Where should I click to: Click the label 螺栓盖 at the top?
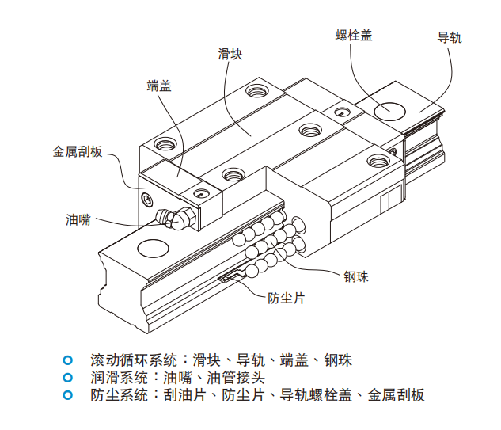(354, 35)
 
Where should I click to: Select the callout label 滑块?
(230, 54)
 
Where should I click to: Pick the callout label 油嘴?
(78, 219)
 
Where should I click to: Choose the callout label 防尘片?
(286, 299)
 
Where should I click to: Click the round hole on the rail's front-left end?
(151, 249)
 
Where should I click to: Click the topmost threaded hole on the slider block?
(256, 92)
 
